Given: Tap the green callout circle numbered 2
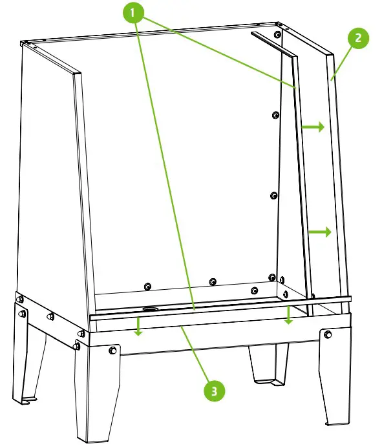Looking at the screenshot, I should point(357,38).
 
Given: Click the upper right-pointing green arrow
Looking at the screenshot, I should point(313,128).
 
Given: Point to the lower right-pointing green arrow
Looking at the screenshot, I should point(320,232).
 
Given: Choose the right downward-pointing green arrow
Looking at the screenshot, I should point(289,316).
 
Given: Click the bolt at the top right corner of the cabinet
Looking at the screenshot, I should point(278,34).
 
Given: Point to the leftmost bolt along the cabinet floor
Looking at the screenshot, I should point(148,286).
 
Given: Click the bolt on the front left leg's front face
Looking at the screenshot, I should point(114,350).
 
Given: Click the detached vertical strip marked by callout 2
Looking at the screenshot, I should point(338,181).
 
